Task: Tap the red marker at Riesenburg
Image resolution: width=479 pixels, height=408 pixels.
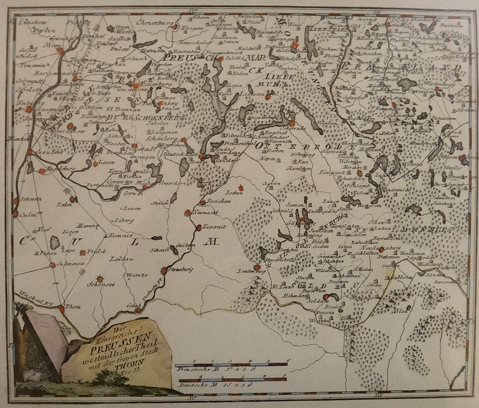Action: (x=136, y=85)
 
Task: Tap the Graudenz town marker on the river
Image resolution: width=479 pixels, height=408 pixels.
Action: (x=31, y=152)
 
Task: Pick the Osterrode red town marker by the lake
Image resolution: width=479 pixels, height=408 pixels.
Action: (x=292, y=123)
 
